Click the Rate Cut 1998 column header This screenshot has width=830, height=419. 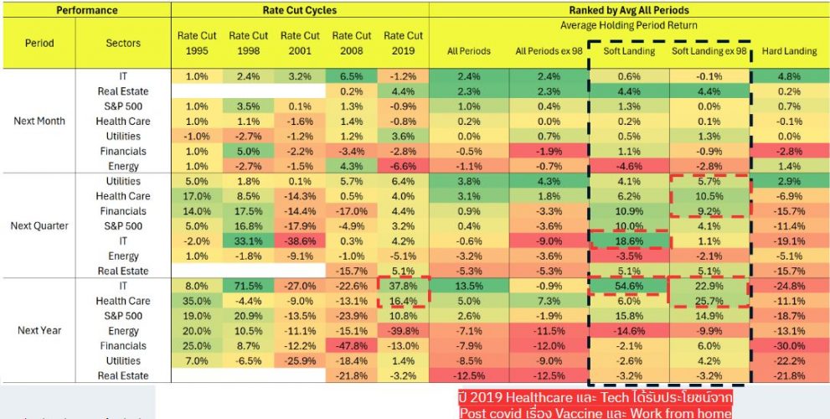[249, 43]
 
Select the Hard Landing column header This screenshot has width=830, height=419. [789, 51]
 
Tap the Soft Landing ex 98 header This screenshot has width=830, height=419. [709, 51]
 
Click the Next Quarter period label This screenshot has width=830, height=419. [39, 225]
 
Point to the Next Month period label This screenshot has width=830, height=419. [39, 121]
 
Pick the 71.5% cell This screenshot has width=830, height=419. [249, 286]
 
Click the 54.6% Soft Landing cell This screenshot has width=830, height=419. [628, 286]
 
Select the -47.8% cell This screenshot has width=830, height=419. [352, 345]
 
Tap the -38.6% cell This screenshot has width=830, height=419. [300, 241]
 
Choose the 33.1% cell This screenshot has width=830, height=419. [249, 241]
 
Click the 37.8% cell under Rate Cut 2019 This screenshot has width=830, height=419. [403, 286]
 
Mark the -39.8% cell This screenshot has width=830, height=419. [403, 330]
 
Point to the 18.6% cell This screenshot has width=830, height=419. [628, 241]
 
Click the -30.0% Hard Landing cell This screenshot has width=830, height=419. [789, 345]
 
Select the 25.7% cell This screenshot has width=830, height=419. [709, 301]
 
